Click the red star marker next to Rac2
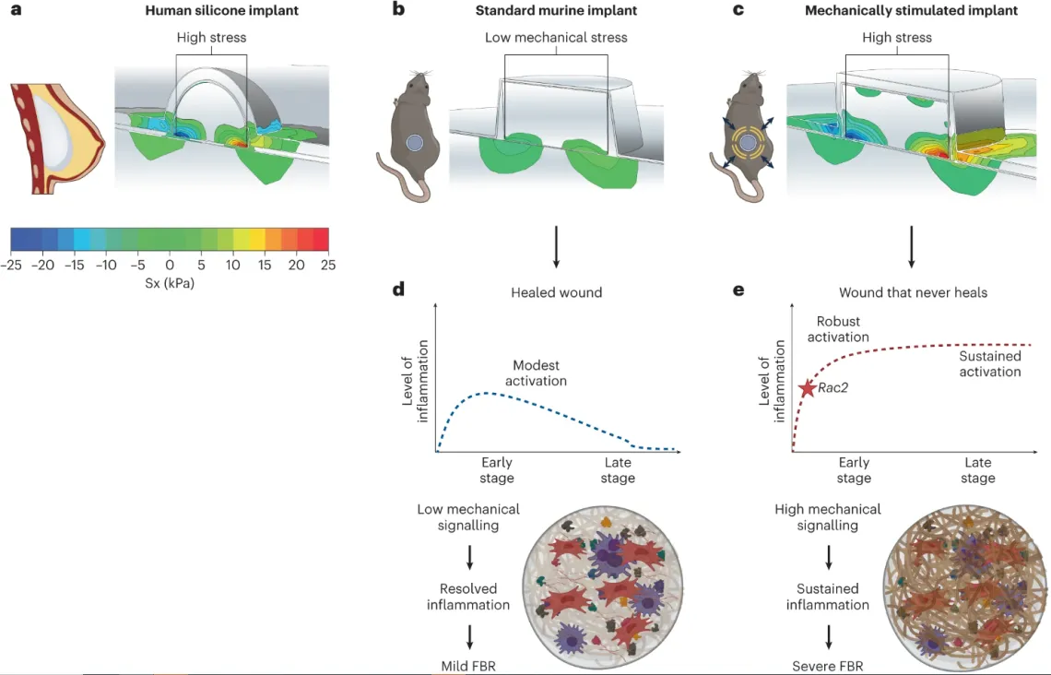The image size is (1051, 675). point(807,387)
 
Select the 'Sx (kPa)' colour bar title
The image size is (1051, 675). point(170,283)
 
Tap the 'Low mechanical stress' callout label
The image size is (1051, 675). point(556,38)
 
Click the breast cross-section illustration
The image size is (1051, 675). point(55,138)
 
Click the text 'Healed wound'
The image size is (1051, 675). point(556,292)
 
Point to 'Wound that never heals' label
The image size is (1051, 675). point(913,292)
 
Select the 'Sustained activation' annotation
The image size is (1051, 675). point(989,363)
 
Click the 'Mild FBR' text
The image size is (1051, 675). point(469,666)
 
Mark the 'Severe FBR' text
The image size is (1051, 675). point(828,666)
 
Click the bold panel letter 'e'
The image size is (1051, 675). point(738,290)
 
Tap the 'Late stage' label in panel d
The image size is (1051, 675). point(618,470)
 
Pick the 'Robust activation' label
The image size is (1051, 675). point(838,329)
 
